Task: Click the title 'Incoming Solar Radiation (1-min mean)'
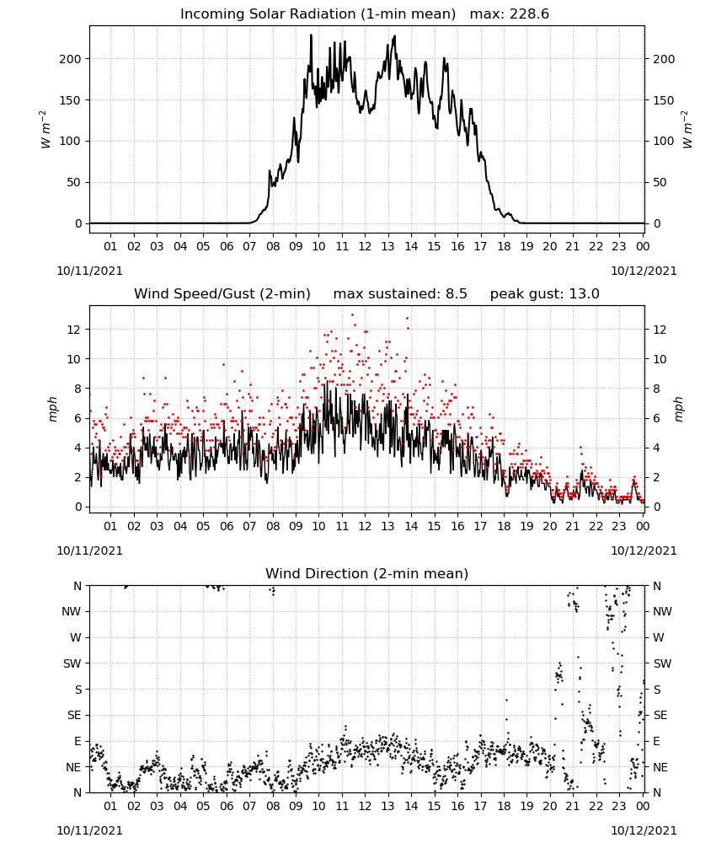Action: [x=318, y=14]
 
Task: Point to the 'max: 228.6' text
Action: [x=510, y=14]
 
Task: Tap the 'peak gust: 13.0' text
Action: [x=544, y=294]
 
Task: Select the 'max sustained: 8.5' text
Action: [x=400, y=294]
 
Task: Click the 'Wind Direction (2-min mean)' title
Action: [x=367, y=573]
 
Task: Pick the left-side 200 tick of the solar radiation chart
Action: [x=70, y=59]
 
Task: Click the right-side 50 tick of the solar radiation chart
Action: [x=660, y=182]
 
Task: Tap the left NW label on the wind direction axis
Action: [x=72, y=611]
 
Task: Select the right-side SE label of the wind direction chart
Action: [x=660, y=715]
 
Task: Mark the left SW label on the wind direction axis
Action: [x=72, y=663]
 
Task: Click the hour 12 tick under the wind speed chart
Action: [x=365, y=526]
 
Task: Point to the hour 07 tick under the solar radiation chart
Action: [x=249, y=246]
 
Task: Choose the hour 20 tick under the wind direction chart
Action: [x=549, y=806]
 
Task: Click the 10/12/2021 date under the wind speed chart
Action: [x=644, y=551]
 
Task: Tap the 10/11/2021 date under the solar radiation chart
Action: [x=89, y=271]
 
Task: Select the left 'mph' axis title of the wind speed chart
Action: [x=52, y=409]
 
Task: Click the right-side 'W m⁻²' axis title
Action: [x=687, y=130]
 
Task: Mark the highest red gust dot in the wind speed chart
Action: [x=352, y=315]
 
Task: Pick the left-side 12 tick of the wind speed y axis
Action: [x=73, y=330]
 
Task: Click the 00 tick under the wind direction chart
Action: [x=643, y=806]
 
